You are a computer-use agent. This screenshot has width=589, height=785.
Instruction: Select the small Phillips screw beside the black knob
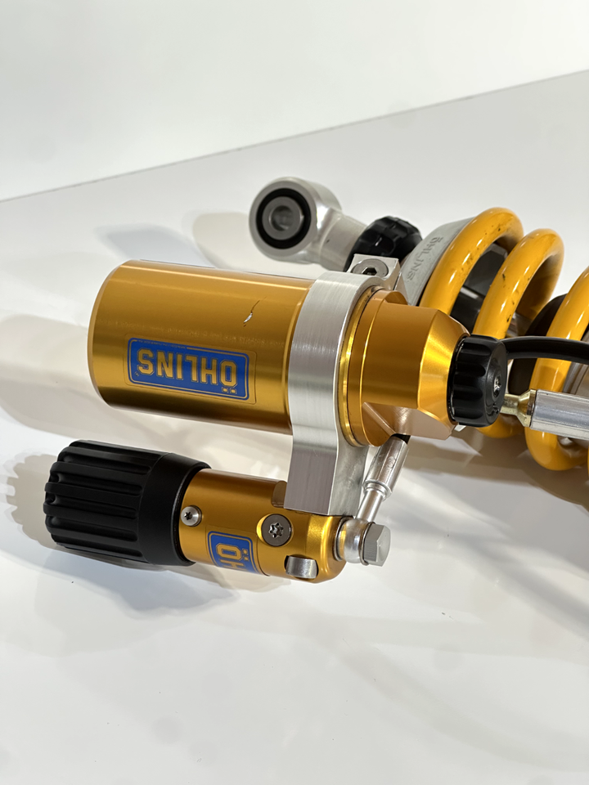click(191, 516)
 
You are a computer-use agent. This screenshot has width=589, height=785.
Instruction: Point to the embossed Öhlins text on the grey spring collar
click(422, 255)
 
